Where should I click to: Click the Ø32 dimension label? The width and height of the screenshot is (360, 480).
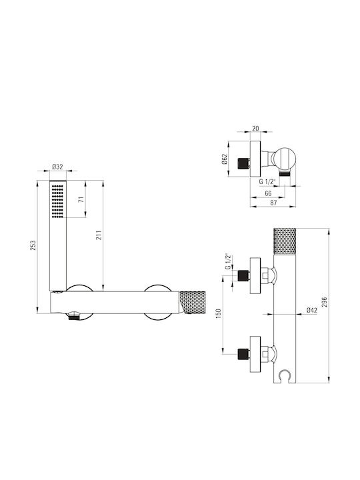click(57, 167)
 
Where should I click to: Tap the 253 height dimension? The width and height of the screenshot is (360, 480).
click(33, 245)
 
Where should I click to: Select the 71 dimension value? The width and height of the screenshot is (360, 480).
click(81, 199)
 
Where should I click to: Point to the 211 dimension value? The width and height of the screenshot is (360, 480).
click(99, 235)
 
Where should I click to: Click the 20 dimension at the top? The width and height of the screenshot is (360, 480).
click(255, 128)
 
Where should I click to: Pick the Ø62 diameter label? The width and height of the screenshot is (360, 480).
click(225, 159)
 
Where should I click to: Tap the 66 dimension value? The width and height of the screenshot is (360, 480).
click(268, 193)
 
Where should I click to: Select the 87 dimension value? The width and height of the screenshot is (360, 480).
click(274, 203)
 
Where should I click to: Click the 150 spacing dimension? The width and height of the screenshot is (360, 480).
click(218, 314)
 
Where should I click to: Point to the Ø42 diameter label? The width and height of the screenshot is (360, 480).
click(312, 310)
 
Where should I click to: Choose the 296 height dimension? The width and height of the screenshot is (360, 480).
click(325, 302)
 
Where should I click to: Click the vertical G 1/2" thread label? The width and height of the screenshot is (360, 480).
click(228, 261)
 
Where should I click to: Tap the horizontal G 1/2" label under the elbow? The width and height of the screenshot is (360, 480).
click(267, 181)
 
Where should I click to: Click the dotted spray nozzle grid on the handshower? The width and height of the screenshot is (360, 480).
click(57, 201)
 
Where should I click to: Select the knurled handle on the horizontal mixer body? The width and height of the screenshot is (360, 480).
click(193, 303)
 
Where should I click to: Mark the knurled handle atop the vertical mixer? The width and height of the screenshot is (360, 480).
click(285, 241)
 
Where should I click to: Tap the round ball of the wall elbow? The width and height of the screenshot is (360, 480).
click(284, 159)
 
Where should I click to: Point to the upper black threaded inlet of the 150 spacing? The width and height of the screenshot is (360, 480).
click(243, 275)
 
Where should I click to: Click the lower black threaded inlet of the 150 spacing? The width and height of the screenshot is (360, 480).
click(243, 354)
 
